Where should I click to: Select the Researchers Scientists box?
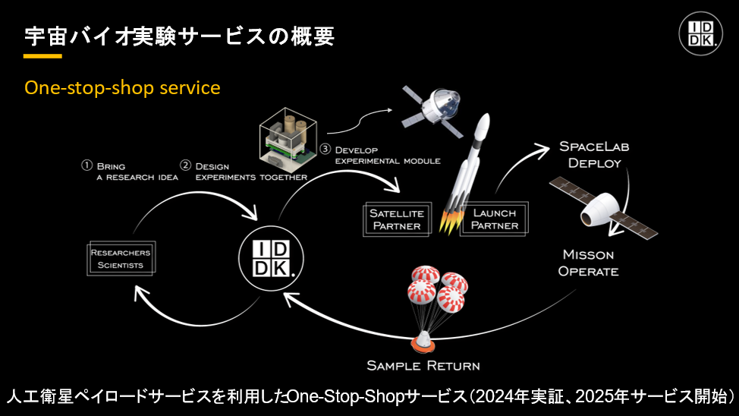[x=120, y=259]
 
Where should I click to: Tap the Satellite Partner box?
[x=397, y=219]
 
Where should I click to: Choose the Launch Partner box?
[x=494, y=219]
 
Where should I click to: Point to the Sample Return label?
[x=423, y=365]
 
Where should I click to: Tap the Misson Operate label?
[x=588, y=263]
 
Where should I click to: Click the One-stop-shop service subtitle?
[x=122, y=88]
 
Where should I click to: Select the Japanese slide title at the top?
[x=179, y=35]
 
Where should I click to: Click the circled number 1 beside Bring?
[x=86, y=165]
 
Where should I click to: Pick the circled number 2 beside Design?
[x=185, y=165]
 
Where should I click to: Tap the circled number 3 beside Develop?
[x=325, y=150]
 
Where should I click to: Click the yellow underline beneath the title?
[x=42, y=56]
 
